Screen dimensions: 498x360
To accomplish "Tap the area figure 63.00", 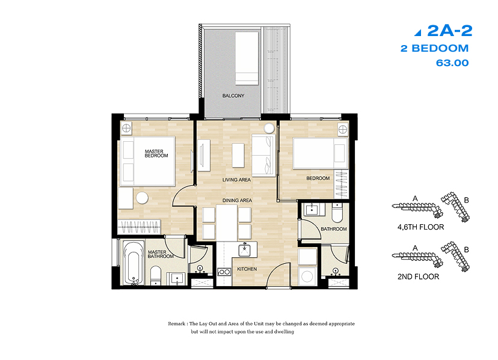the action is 452,63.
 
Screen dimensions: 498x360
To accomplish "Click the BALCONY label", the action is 233,96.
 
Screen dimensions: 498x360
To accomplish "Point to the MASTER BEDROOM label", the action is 156,154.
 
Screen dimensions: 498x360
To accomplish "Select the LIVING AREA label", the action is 236,180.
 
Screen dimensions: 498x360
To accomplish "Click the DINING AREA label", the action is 237,200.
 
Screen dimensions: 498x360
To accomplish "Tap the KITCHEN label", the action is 247,269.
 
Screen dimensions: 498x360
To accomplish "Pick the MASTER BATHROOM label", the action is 161,254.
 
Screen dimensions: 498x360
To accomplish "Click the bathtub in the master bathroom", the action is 132,263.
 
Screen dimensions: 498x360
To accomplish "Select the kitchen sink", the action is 245,250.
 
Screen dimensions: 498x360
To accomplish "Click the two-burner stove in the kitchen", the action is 224,272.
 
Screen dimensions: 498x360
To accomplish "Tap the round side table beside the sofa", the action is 269,128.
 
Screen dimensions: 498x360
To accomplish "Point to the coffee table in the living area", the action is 238,156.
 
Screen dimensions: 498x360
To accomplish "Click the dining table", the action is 227,222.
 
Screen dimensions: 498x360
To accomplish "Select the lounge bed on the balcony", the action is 247,58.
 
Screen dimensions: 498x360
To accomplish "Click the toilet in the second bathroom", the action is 337,213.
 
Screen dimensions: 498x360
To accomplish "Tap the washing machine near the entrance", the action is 307,276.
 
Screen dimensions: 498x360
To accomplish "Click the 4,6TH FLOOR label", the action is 420,227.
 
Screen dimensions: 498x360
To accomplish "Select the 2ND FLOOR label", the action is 418,276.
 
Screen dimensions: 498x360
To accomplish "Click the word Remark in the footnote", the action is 177,324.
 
